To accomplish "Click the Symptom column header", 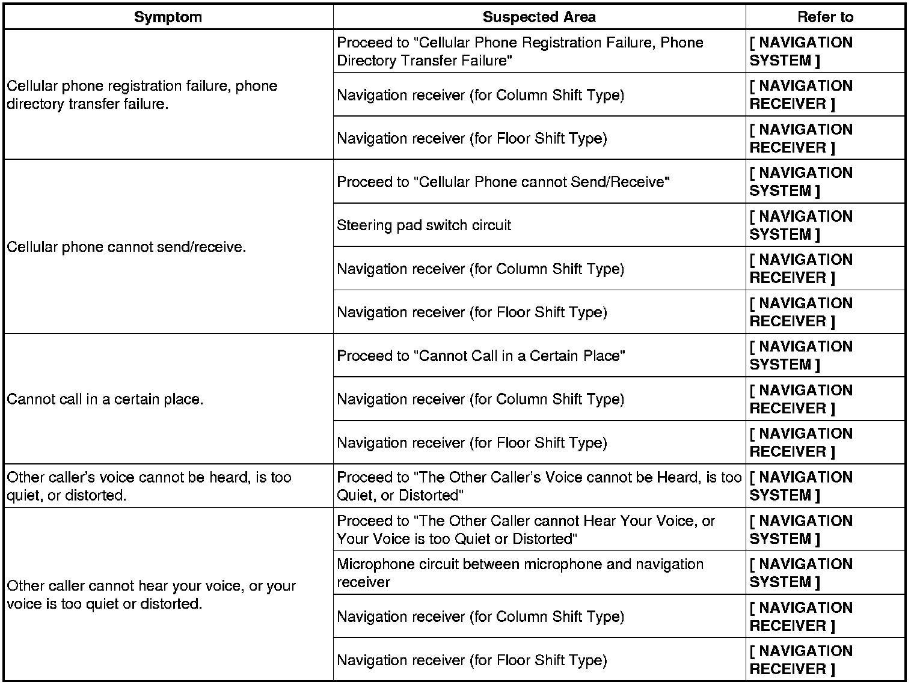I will click(x=168, y=17).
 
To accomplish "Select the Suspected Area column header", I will click(x=539, y=17).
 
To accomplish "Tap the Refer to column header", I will click(x=825, y=17).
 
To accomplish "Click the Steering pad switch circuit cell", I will click(x=424, y=225).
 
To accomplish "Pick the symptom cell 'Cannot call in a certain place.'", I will click(x=105, y=399).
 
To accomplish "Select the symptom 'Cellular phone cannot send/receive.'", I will click(x=126, y=247).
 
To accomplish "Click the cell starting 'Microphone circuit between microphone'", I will click(x=520, y=573).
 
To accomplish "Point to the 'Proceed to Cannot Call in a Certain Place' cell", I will click(x=481, y=356).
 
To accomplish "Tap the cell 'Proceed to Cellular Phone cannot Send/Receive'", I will click(x=503, y=182).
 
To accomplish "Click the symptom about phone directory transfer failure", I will click(x=142, y=95).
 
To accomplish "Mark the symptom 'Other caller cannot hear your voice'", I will click(x=152, y=595).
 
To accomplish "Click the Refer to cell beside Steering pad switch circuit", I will click(x=801, y=225).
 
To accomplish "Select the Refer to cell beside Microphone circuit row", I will click(x=801, y=573).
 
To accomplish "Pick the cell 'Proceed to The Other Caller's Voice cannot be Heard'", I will click(x=539, y=486).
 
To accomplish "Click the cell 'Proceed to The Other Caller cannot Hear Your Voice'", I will click(x=526, y=529).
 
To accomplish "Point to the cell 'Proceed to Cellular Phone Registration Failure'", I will click(x=520, y=52).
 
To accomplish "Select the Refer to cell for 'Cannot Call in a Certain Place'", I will click(x=801, y=356).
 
